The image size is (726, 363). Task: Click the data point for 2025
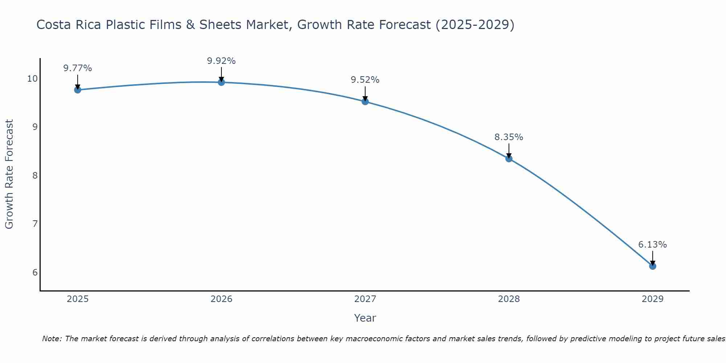pyautogui.click(x=77, y=90)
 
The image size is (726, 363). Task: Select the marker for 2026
pyautogui.click(x=221, y=82)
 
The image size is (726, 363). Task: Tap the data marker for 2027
pyautogui.click(x=365, y=102)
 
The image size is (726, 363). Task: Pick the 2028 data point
pyautogui.click(x=509, y=159)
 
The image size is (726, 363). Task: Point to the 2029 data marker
pyautogui.click(x=653, y=266)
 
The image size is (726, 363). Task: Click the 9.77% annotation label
pyautogui.click(x=77, y=68)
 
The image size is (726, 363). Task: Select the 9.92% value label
pyautogui.click(x=221, y=61)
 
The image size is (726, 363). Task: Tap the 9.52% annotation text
pyautogui.click(x=365, y=80)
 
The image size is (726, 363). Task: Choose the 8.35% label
pyautogui.click(x=509, y=137)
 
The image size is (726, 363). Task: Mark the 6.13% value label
pyautogui.click(x=653, y=245)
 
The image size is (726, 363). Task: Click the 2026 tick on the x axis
pyautogui.click(x=221, y=299)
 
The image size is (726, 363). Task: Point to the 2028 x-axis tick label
pyautogui.click(x=509, y=299)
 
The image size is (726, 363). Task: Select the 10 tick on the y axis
pyautogui.click(x=33, y=79)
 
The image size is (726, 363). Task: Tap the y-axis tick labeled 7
pyautogui.click(x=35, y=224)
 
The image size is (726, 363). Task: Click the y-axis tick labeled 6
pyautogui.click(x=35, y=272)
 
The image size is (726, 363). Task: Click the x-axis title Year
pyautogui.click(x=365, y=318)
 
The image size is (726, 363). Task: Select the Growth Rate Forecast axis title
pyautogui.click(x=9, y=174)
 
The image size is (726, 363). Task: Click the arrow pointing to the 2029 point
pyautogui.click(x=653, y=258)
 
